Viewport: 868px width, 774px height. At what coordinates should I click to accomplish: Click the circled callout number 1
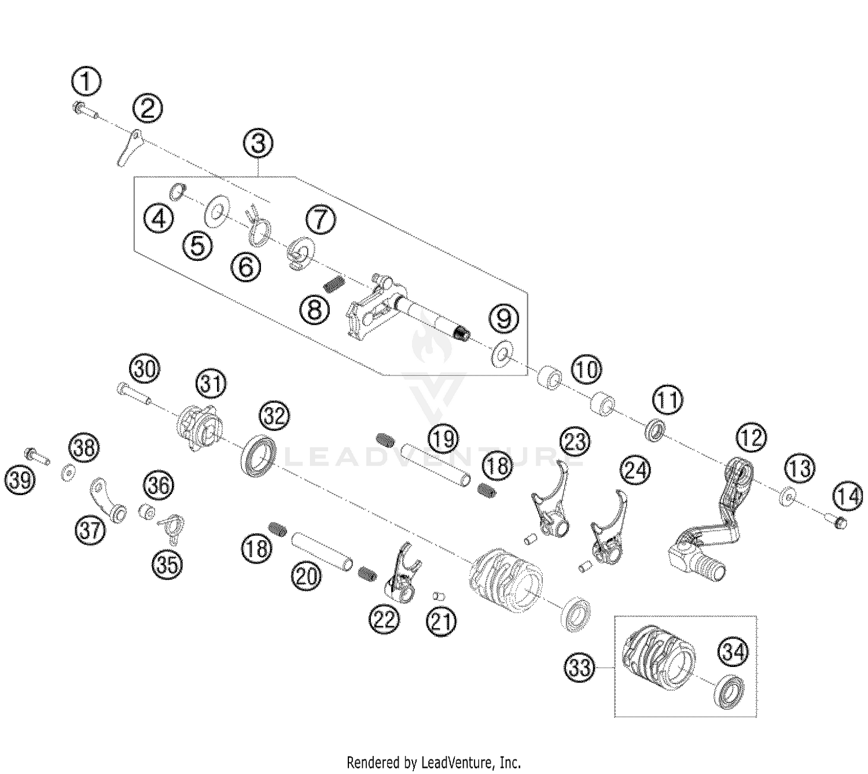click(86, 82)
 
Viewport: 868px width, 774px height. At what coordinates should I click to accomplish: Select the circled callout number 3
click(258, 143)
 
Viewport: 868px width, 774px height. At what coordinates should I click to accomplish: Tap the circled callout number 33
click(579, 668)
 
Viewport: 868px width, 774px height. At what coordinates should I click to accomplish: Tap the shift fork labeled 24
click(608, 538)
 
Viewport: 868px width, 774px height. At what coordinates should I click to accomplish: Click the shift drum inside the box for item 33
click(657, 659)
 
